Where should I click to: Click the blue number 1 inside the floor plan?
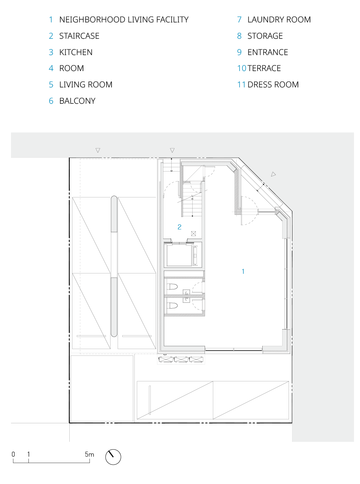click(243, 271)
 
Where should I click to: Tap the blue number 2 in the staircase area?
click(179, 227)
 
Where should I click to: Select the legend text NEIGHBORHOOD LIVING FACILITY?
click(124, 20)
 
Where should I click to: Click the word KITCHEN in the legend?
click(76, 52)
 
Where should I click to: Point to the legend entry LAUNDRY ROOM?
click(279, 20)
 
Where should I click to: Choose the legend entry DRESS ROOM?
click(273, 85)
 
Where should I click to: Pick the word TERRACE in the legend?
click(264, 68)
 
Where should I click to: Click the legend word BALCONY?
click(77, 101)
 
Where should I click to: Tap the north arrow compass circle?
click(113, 457)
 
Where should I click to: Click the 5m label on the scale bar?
click(89, 454)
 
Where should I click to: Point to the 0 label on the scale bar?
click(13, 454)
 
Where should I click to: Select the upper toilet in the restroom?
click(172, 286)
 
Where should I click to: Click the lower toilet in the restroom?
click(172, 305)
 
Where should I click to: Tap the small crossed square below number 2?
click(193, 234)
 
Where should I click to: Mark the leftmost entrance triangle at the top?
click(98, 150)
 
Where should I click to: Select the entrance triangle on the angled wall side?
click(273, 174)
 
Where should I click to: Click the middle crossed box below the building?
click(181, 359)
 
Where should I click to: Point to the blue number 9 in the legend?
click(240, 52)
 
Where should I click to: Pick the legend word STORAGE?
click(265, 36)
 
